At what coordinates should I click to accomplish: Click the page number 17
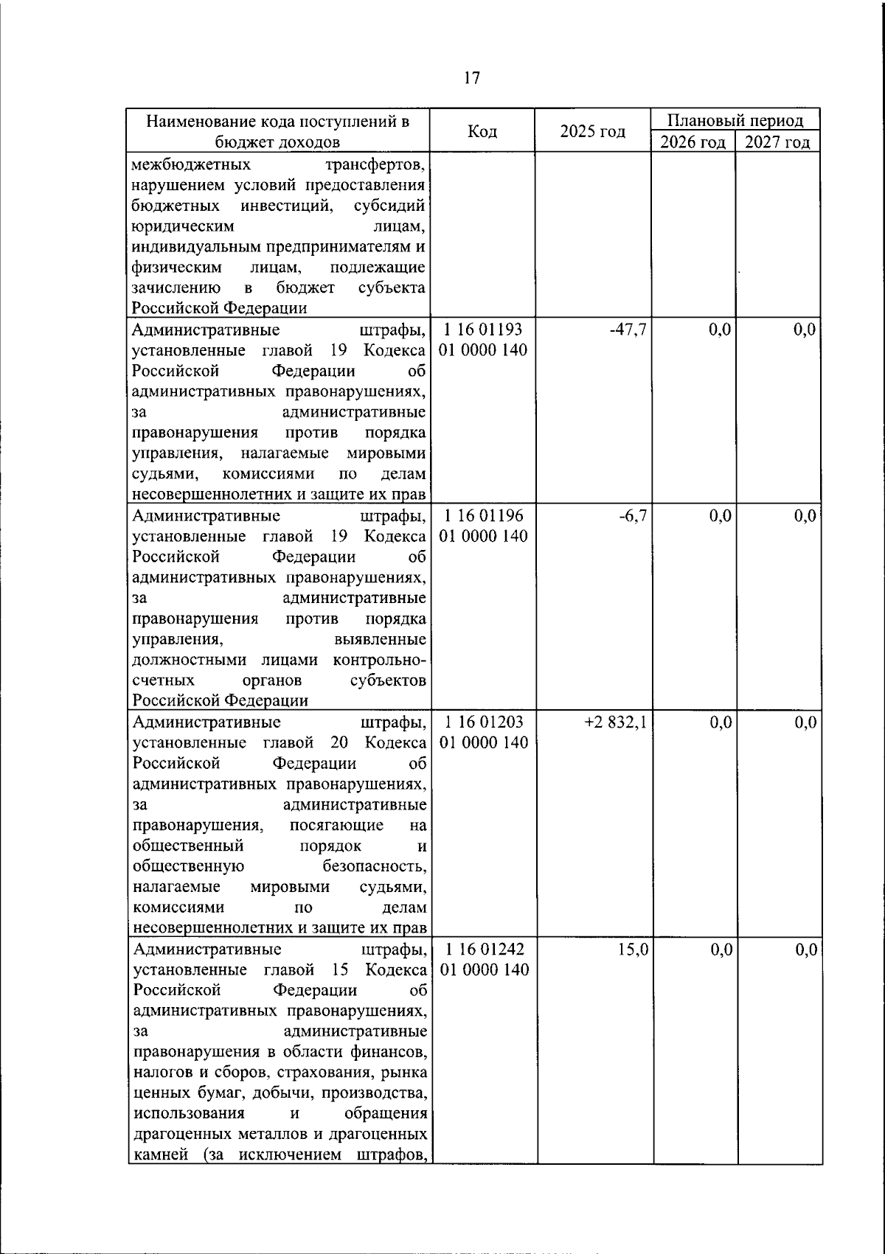tap(472, 78)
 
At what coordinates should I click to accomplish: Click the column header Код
tap(482, 132)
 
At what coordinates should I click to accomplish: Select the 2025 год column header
tap(592, 132)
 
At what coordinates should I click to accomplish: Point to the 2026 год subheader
tap(693, 142)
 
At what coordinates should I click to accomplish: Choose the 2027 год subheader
tap(777, 142)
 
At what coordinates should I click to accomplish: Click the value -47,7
tap(628, 330)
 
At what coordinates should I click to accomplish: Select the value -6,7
tap(633, 515)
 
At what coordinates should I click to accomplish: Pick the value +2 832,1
tap(616, 722)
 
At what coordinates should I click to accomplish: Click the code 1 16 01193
tap(483, 329)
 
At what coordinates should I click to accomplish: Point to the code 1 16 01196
tap(483, 515)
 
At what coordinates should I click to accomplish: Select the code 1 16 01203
tap(483, 722)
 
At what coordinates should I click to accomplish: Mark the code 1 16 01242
tap(483, 950)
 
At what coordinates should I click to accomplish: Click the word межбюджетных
tap(191, 164)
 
